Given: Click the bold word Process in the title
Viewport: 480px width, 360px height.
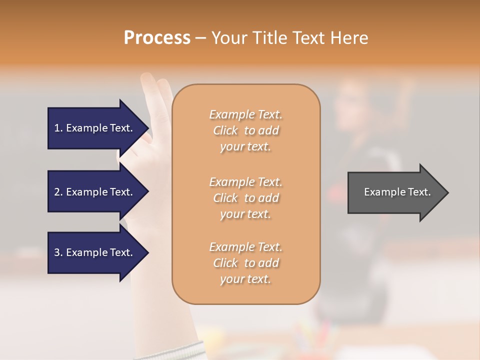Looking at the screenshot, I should click(157, 38).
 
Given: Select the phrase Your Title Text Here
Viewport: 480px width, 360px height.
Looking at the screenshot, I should click(289, 38).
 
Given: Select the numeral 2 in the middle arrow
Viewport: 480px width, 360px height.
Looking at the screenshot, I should click(56, 192).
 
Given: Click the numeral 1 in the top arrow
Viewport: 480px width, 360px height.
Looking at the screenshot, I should click(56, 128).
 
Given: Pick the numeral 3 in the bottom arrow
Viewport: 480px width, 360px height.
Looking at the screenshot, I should click(56, 252).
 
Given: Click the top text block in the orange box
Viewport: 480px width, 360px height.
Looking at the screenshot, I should click(245, 130).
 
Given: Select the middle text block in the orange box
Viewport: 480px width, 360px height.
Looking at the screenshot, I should click(245, 198).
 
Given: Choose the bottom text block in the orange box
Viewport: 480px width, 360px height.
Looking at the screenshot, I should click(245, 263).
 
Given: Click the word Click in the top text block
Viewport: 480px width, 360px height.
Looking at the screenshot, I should click(225, 130).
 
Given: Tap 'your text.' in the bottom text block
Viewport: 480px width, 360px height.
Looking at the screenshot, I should click(245, 279).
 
